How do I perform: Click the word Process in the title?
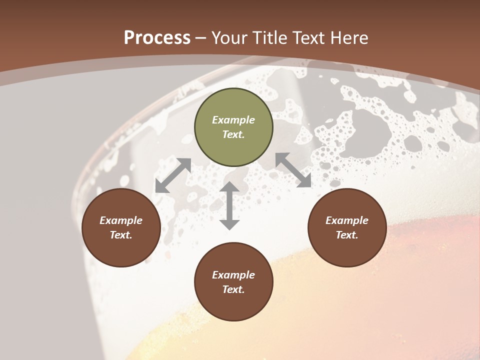point(157,38)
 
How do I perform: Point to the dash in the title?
point(201,38)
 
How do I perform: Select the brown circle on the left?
point(121,228)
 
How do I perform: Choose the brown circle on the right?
point(347,228)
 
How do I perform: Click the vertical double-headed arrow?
point(229,205)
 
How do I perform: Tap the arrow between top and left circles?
point(173,175)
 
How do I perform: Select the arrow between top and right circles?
point(293,170)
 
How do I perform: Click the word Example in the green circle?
point(233,120)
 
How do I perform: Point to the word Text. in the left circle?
point(121,235)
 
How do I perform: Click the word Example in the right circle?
point(347,220)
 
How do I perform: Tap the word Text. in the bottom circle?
point(233,289)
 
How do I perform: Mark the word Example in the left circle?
point(121,220)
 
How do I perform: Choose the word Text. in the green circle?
point(233,134)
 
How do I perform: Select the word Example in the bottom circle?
point(233,275)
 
